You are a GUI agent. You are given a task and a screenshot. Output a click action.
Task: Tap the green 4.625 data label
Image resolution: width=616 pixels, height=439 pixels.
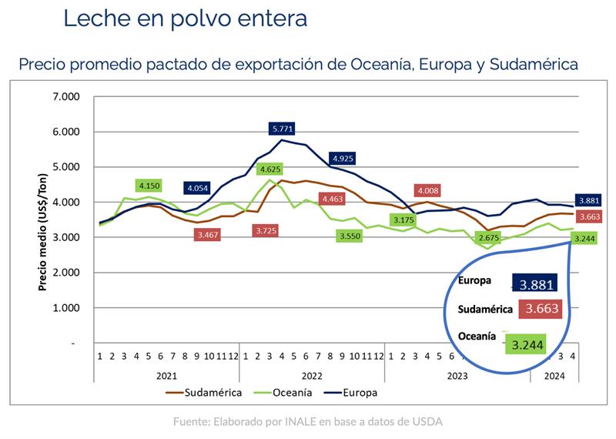click(x=269, y=169)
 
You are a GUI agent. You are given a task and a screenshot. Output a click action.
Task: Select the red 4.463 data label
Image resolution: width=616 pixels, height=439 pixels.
click(x=333, y=199)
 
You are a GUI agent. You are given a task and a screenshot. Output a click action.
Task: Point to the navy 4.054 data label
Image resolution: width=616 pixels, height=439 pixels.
click(x=198, y=187)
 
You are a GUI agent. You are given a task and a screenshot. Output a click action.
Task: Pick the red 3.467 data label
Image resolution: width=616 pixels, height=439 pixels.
click(x=208, y=233)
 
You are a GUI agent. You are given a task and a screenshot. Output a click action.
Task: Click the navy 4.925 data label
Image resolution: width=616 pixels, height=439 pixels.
click(x=343, y=159)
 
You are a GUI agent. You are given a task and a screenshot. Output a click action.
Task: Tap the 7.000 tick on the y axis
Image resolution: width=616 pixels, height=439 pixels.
click(x=67, y=97)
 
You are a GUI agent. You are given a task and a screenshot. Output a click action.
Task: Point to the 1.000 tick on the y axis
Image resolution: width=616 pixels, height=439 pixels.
click(x=67, y=308)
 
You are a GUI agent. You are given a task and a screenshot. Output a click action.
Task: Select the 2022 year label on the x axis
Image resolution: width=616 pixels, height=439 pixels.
click(x=311, y=377)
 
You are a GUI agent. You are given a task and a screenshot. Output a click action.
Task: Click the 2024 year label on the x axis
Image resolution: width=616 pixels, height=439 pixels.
click(x=554, y=377)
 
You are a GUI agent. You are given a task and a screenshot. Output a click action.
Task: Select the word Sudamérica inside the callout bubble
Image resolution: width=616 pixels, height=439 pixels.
click(x=486, y=309)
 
